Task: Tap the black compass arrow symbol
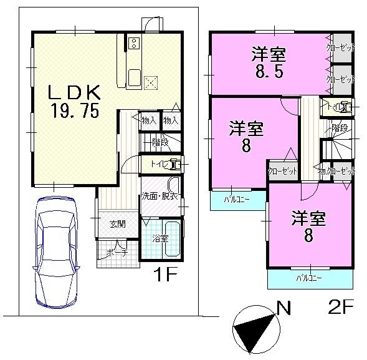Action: tap(254, 329)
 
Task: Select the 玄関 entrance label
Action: tap(118, 225)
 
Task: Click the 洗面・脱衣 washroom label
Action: tap(157, 197)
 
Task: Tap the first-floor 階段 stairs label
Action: tap(160, 143)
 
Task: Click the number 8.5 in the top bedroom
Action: tap(268, 71)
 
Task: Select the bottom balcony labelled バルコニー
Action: tap(308, 278)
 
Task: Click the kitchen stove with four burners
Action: tap(134, 44)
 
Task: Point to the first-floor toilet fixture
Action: tap(175, 165)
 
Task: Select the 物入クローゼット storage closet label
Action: tap(336, 170)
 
